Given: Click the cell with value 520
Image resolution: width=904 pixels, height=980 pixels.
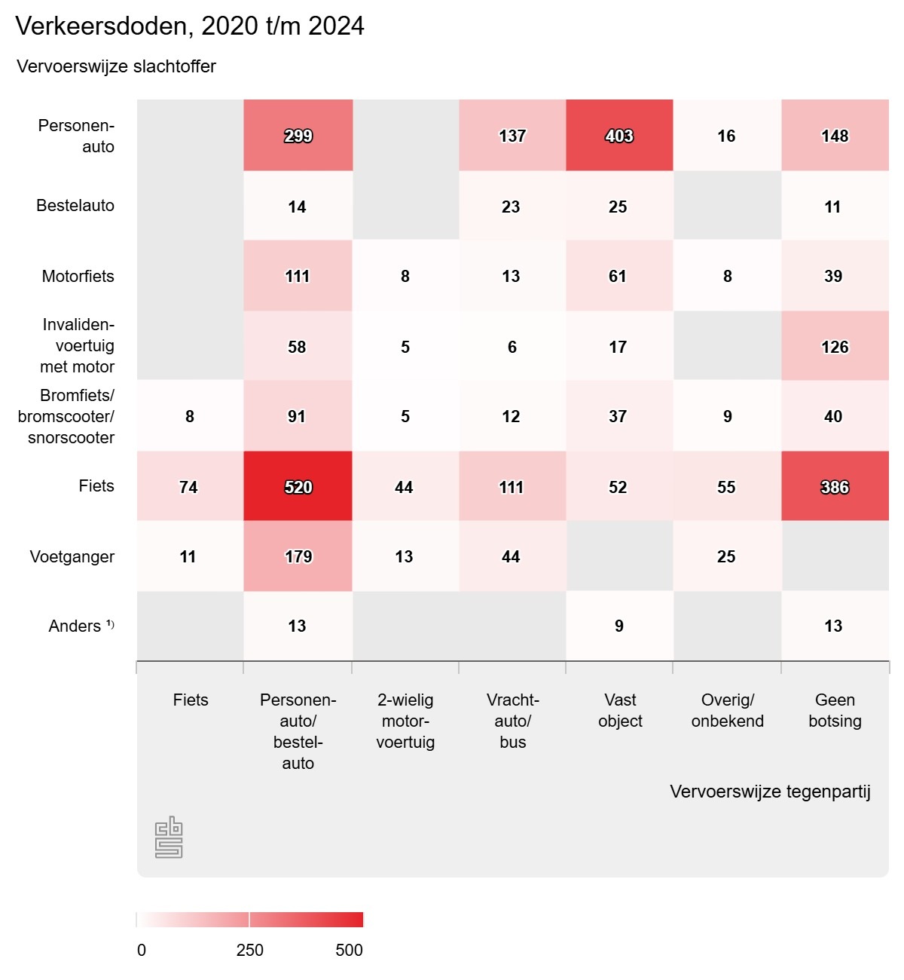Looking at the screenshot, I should click(x=298, y=487).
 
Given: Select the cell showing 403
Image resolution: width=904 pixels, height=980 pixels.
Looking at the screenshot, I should click(x=619, y=136).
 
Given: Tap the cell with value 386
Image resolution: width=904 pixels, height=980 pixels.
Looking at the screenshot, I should click(x=835, y=487).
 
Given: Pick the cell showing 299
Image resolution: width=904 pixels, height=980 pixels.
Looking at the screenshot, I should click(x=298, y=136).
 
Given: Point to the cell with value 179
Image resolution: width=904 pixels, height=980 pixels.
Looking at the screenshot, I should click(x=298, y=556).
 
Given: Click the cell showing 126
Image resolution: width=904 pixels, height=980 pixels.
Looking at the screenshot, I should click(x=835, y=347).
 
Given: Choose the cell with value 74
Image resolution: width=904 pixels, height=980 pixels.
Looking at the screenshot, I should click(x=189, y=487).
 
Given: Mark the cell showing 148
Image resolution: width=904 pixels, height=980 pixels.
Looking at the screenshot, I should click(x=835, y=136).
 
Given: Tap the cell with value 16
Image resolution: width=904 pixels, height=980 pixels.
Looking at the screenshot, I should click(x=726, y=136).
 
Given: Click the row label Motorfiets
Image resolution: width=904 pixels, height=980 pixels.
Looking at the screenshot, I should click(x=78, y=276).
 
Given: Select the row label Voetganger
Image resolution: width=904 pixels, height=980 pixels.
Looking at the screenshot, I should click(x=72, y=556).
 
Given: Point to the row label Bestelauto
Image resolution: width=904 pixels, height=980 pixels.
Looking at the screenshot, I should click(x=75, y=205).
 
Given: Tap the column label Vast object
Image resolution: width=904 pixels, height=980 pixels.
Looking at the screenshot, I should click(x=620, y=710).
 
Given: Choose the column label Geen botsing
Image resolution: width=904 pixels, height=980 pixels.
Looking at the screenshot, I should click(x=835, y=710).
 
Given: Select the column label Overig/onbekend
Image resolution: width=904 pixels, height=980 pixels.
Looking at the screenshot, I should click(x=727, y=710).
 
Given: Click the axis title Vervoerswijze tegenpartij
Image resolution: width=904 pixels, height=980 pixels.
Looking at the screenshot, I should click(x=770, y=792).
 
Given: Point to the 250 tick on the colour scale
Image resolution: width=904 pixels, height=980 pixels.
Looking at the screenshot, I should click(x=249, y=949).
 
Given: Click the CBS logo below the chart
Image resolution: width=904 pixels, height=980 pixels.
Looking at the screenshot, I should click(x=169, y=837).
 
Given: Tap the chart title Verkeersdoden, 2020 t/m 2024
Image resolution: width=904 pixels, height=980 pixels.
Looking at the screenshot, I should click(x=190, y=26).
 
